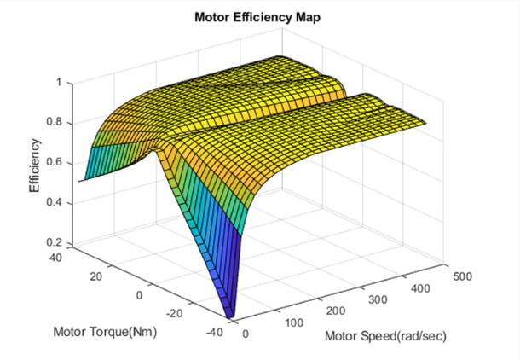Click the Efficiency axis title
(x=36, y=165)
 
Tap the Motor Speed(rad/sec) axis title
(x=385, y=335)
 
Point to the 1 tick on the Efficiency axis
(x=58, y=84)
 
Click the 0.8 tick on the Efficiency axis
(x=54, y=123)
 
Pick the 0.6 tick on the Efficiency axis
(x=54, y=163)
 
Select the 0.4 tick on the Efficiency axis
(x=54, y=203)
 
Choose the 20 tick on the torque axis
(x=96, y=275)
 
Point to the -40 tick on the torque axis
(x=217, y=333)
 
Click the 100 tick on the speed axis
(x=294, y=323)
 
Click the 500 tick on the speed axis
(x=460, y=277)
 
